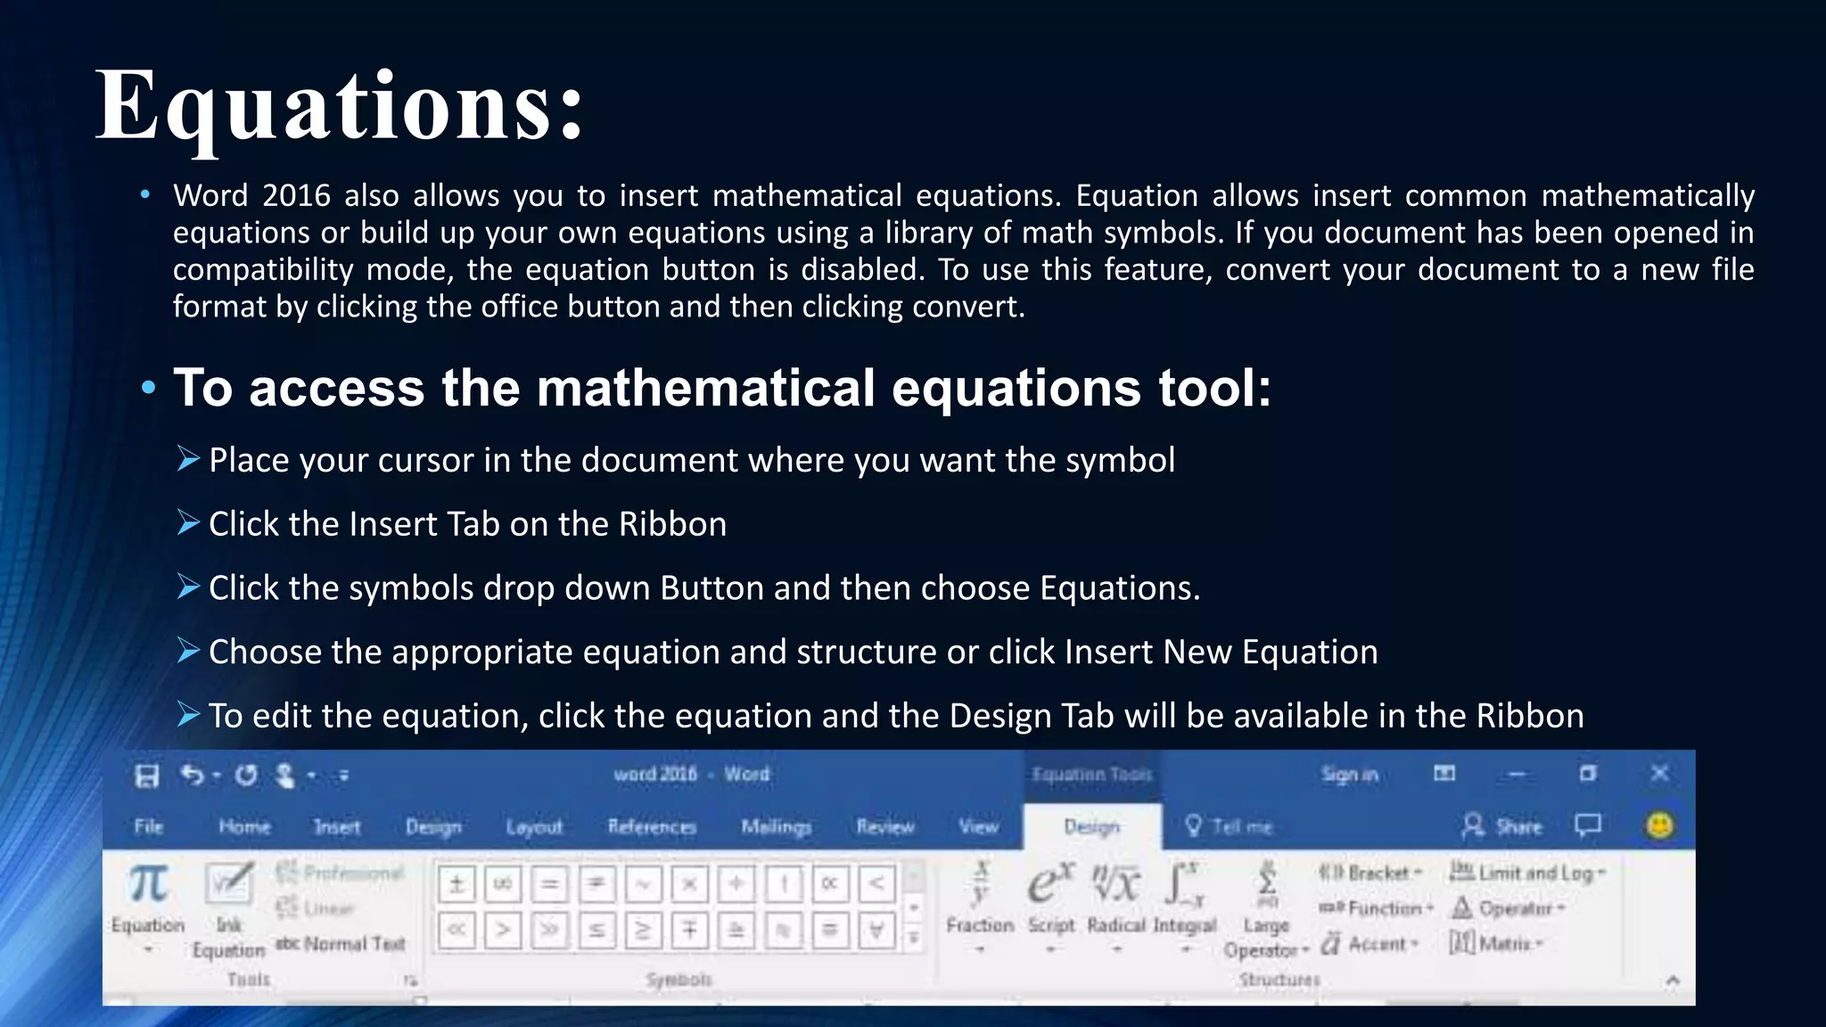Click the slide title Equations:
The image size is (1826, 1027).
click(x=339, y=107)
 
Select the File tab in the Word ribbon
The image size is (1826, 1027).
click(x=149, y=826)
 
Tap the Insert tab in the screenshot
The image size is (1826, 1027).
click(x=337, y=826)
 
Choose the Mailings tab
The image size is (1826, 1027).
click(x=776, y=826)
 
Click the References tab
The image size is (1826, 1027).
click(x=652, y=826)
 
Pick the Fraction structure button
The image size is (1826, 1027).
click(x=980, y=900)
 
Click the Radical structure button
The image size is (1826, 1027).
click(x=1116, y=900)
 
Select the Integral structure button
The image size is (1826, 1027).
click(x=1184, y=900)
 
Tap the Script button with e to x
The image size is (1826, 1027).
click(x=1051, y=900)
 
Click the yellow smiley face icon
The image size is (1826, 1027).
click(x=1659, y=826)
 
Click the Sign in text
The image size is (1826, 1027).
click(x=1349, y=775)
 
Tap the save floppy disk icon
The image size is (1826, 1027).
click(x=147, y=776)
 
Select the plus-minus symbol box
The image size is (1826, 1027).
click(x=456, y=883)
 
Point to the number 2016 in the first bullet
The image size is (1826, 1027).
click(x=296, y=195)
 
